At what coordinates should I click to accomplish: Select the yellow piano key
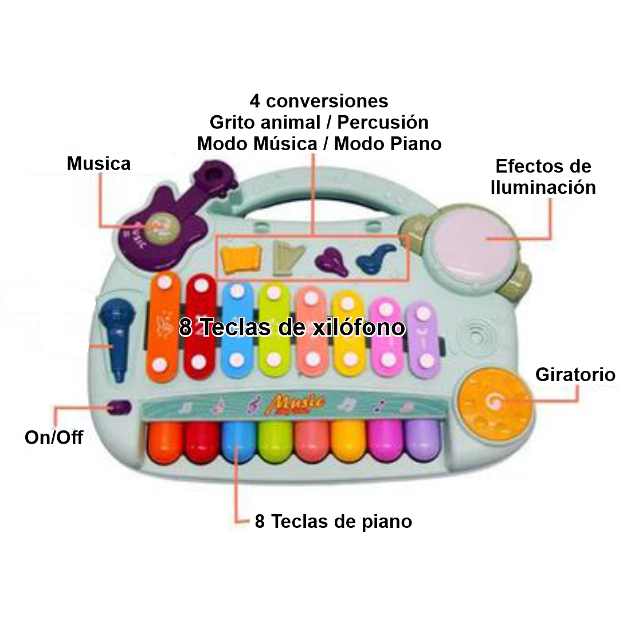point(350,441)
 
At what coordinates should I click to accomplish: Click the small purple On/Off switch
point(119,408)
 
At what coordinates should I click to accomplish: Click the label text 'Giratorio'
point(575,375)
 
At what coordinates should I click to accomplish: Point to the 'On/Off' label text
point(54,438)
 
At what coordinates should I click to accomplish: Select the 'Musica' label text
point(99,163)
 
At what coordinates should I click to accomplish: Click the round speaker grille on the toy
point(477,338)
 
